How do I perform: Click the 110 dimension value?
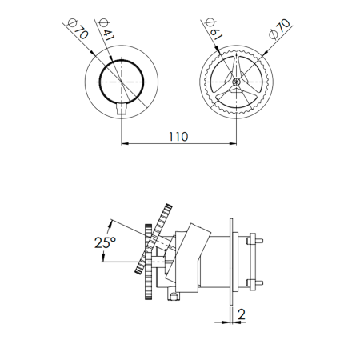click(x=178, y=137)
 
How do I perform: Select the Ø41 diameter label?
click(x=106, y=30)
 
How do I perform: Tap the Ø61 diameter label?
click(x=214, y=30)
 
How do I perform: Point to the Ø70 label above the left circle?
click(x=78, y=29)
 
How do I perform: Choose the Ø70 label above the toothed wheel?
click(x=279, y=29)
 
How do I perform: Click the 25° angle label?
click(x=105, y=242)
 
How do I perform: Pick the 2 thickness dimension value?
click(x=241, y=314)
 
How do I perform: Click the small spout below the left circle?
click(x=122, y=109)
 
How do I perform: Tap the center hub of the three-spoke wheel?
click(x=236, y=82)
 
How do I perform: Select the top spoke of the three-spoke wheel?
click(x=236, y=66)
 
